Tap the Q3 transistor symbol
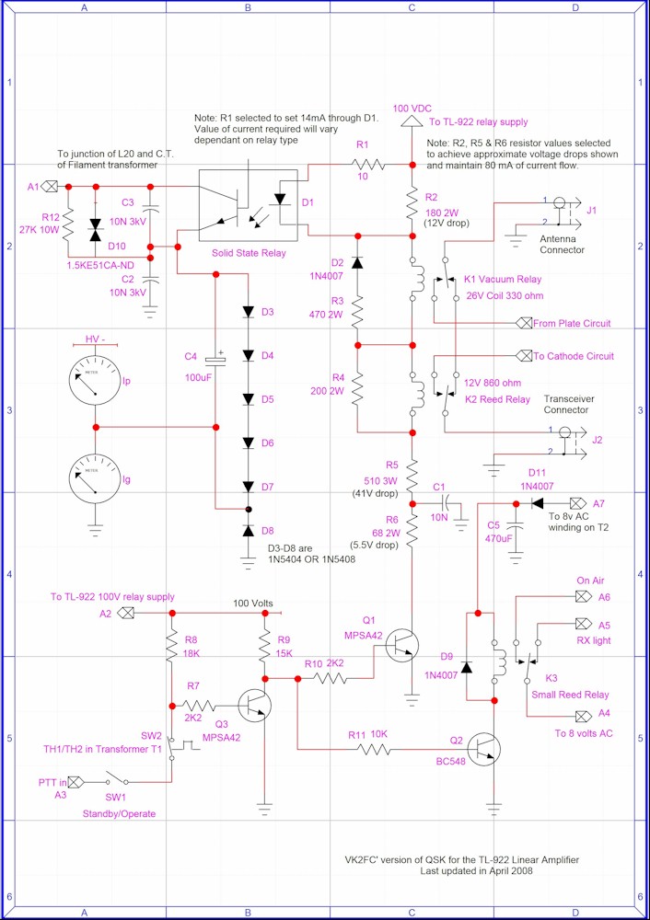[255, 705]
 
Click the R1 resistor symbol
[369, 166]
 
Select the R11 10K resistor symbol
[374, 749]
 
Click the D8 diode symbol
[249, 531]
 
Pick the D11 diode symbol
[537, 503]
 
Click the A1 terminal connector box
[51, 187]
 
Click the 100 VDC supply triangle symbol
[411, 120]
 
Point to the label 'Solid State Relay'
[249, 252]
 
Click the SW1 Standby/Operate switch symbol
[117, 779]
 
